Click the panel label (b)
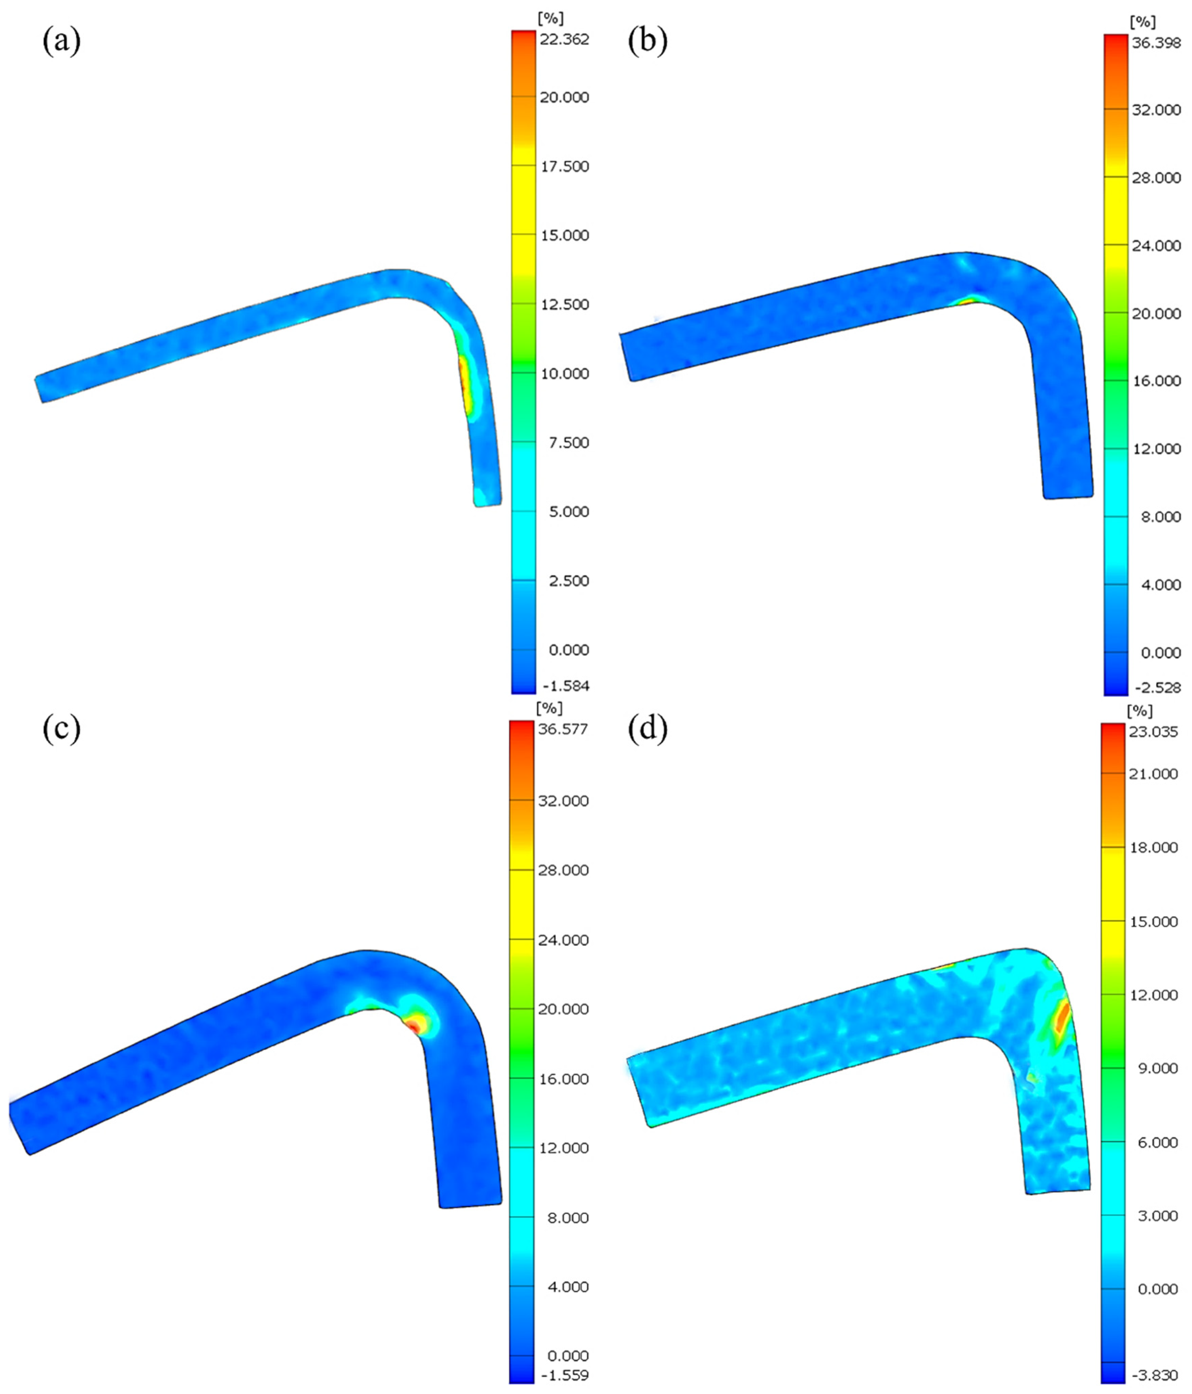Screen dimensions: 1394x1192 647,42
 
